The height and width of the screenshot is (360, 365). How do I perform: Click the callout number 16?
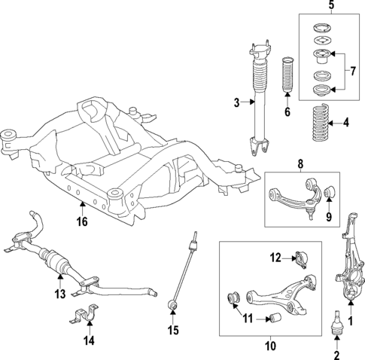(81, 222)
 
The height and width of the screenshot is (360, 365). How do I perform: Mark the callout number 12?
(276, 258)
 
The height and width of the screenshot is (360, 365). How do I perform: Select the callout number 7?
(351, 72)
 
